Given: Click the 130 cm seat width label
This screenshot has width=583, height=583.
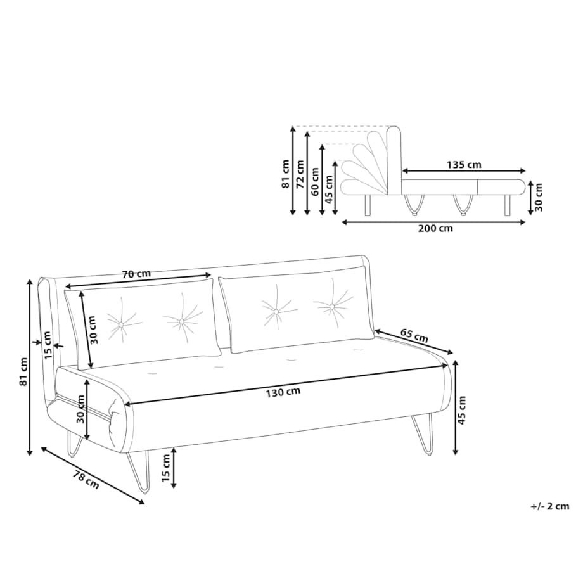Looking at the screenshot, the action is [283, 392].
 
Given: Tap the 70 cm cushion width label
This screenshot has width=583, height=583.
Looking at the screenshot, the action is [136, 274].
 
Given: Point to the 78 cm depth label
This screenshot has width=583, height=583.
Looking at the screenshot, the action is [86, 480].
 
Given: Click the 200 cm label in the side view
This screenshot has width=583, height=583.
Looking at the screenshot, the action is [435, 228].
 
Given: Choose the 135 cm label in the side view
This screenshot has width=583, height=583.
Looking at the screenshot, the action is [464, 164].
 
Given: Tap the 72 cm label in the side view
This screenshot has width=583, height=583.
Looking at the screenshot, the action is [300, 173].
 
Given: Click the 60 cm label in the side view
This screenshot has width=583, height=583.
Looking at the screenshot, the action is [315, 181].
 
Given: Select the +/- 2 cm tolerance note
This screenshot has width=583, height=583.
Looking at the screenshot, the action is [550, 506].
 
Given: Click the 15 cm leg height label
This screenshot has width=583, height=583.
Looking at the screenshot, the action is [166, 468].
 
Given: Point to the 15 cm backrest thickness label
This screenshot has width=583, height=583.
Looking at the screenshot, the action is [48, 345].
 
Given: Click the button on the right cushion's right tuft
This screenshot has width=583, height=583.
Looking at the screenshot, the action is [331, 307].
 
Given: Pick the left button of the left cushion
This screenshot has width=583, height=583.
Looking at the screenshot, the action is [120, 325].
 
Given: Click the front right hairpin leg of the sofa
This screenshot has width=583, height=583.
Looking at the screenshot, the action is [423, 434].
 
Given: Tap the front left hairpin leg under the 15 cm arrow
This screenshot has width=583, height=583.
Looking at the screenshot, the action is [139, 473].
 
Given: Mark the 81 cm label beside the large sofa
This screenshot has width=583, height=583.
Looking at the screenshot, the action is [24, 371].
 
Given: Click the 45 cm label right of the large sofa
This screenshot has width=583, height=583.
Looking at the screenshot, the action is [462, 411].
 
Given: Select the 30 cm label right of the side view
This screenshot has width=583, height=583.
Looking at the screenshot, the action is [538, 198].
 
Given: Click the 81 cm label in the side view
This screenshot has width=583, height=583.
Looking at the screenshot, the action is [286, 174].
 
